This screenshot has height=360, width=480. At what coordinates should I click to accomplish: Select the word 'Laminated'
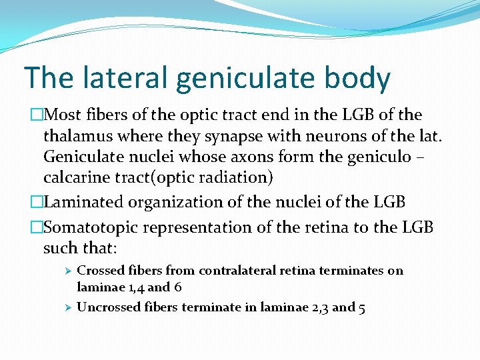(79, 201)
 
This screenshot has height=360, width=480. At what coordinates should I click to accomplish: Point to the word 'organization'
(179, 201)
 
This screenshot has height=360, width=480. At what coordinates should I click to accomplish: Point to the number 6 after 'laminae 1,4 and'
(179, 288)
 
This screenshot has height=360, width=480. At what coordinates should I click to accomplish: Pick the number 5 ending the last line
(361, 307)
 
